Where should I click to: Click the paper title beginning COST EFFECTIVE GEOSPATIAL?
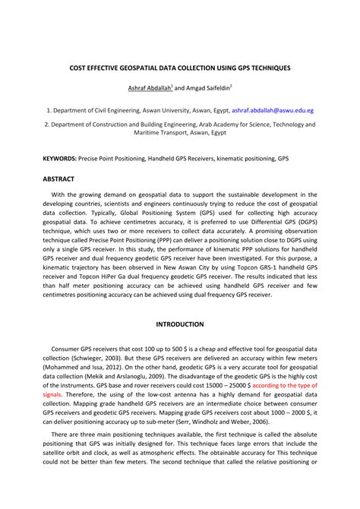(x=179, y=68)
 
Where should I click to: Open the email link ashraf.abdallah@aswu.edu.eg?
(x=273, y=110)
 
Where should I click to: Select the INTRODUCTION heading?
(x=179, y=324)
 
